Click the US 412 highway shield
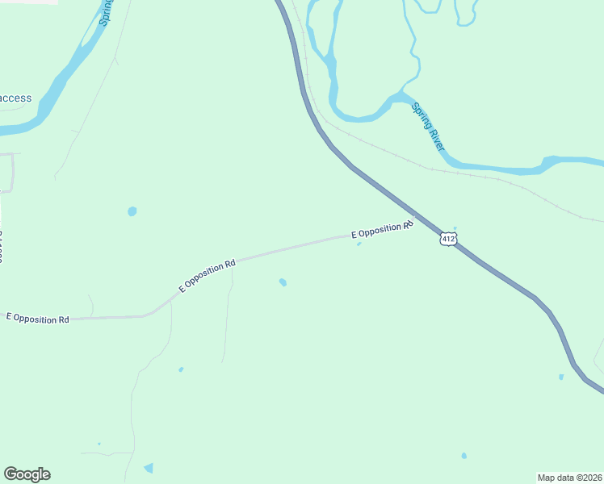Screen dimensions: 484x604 pyautogui.click(x=449, y=239)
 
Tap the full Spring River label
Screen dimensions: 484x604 pyautogui.click(x=428, y=127)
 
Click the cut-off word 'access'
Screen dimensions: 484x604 pyautogui.click(x=15, y=98)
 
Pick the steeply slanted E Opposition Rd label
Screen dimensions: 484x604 pyautogui.click(x=208, y=275)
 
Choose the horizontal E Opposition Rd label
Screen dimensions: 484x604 pyautogui.click(x=38, y=319)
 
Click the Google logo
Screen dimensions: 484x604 pyautogui.click(x=27, y=474)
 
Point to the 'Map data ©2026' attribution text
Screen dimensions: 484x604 pyautogui.click(x=569, y=477)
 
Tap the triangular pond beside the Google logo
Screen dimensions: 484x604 pyautogui.click(x=149, y=468)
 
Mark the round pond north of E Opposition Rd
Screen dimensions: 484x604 pyautogui.click(x=132, y=211)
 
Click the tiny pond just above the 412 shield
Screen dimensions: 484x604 pyautogui.click(x=455, y=228)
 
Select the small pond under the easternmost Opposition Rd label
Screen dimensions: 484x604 pyautogui.click(x=359, y=244)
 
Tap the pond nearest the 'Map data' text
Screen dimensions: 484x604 pyautogui.click(x=463, y=456)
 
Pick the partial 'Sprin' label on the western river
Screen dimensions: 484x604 pyautogui.click(x=106, y=12)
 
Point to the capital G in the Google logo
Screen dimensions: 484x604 pyautogui.click(x=10, y=474)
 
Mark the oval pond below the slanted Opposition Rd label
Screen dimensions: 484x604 pyautogui.click(x=282, y=282)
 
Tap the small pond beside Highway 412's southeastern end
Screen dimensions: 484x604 pyautogui.click(x=561, y=377)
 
